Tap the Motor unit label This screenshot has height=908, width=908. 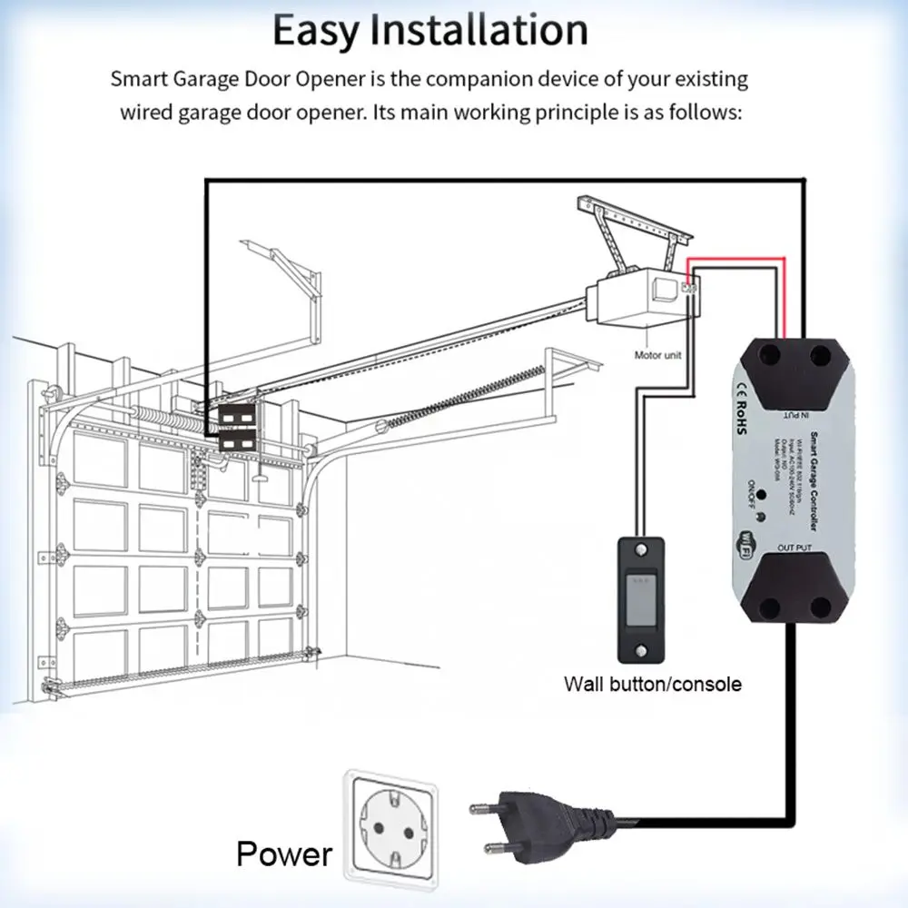pyautogui.click(x=657, y=355)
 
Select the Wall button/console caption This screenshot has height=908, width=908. pyautogui.click(x=652, y=684)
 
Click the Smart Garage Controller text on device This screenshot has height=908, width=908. pyautogui.click(x=814, y=481)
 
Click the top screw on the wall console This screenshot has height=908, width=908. pyautogui.click(x=643, y=550)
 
